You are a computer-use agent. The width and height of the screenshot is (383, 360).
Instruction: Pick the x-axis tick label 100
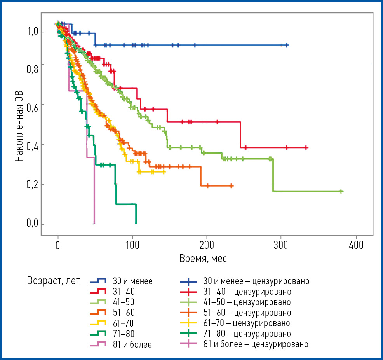132,246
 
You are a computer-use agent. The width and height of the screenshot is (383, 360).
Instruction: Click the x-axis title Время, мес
203,259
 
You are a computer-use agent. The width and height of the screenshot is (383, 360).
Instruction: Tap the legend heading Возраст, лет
54,280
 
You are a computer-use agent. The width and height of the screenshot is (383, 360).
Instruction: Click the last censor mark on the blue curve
287,45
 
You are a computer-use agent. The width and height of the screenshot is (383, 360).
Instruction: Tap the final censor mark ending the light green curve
341,191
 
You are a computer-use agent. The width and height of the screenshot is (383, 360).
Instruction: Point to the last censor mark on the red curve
306,147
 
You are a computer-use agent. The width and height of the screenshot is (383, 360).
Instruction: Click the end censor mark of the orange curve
232,186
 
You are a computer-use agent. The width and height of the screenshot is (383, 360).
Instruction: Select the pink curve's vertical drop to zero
94,190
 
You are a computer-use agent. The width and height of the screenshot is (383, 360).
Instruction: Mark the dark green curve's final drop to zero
136,214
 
